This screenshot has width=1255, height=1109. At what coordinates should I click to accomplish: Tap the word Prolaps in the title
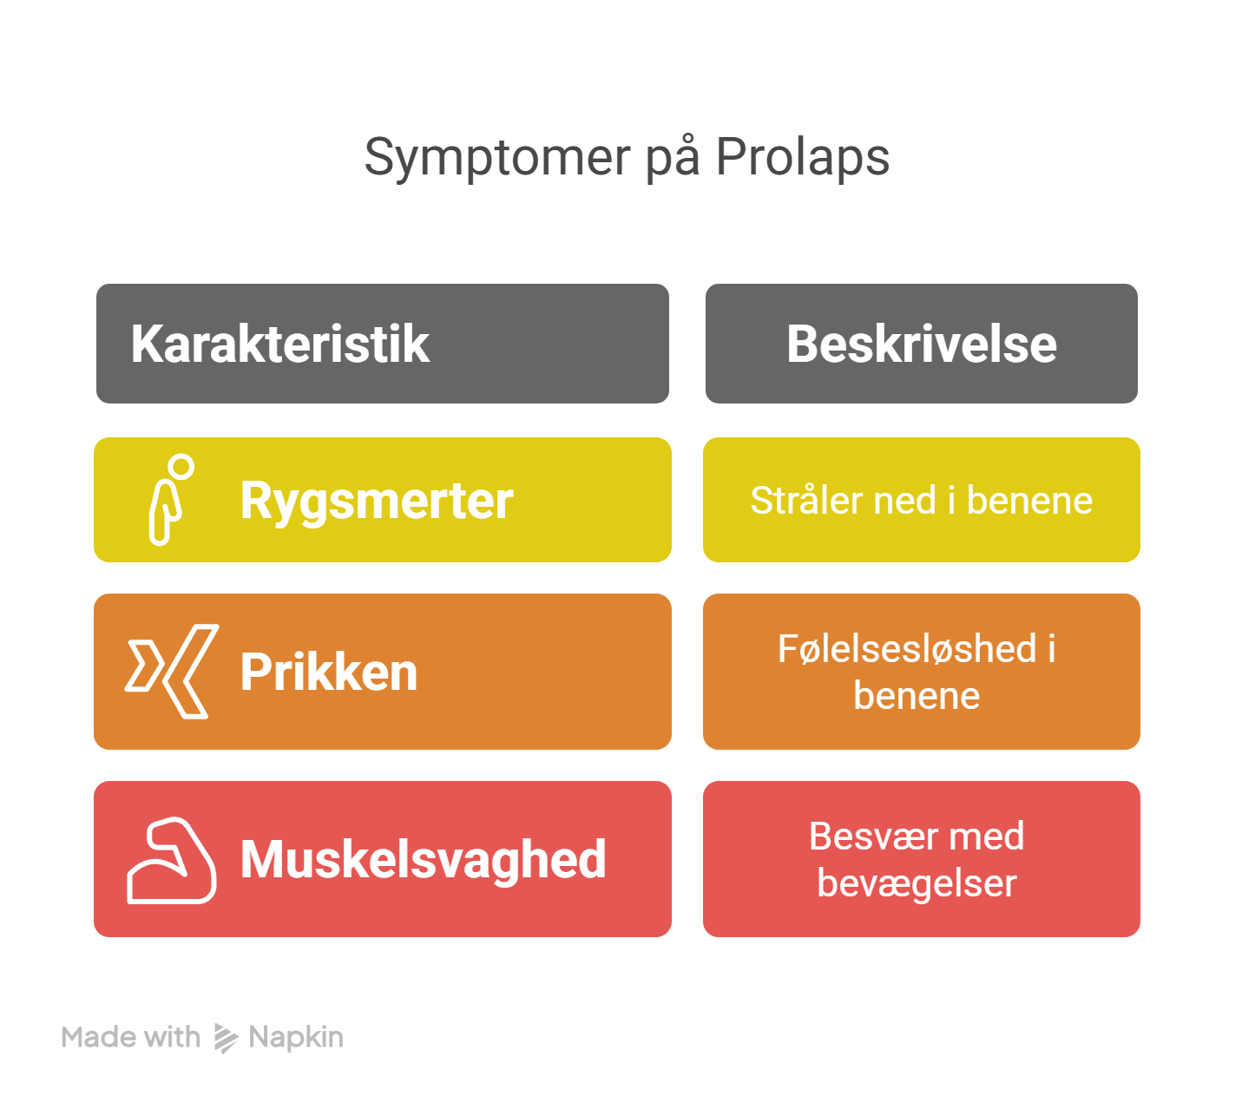802,158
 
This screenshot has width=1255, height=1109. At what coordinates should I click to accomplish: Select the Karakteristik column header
280,344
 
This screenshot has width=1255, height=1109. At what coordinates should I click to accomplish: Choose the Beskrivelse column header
921,344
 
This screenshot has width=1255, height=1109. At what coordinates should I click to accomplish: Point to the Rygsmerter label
377,501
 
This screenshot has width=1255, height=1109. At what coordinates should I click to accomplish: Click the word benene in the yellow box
1029,501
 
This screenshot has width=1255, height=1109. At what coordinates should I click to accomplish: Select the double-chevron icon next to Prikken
171,671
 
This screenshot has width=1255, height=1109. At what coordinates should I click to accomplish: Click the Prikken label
329,672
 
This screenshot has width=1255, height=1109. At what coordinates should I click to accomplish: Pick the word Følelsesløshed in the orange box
907,649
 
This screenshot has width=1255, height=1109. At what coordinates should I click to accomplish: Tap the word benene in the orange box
917,696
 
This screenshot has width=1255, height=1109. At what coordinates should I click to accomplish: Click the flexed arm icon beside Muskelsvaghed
171,860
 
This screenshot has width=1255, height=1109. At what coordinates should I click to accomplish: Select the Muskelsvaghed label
423,860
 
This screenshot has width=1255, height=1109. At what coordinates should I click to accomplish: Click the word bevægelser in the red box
917,883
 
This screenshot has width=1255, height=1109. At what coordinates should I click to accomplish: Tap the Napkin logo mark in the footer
226,1038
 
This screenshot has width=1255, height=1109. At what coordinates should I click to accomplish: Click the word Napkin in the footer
296,1038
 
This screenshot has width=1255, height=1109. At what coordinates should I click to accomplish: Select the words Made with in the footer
131,1038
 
